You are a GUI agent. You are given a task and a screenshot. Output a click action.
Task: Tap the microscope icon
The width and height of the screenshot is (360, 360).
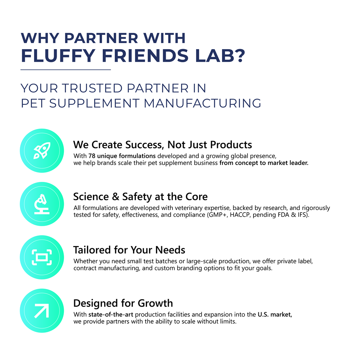[42, 204]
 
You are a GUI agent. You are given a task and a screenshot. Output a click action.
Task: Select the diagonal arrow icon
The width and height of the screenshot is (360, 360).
[42, 310]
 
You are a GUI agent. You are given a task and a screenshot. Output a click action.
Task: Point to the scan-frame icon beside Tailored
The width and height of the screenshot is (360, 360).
[42, 257]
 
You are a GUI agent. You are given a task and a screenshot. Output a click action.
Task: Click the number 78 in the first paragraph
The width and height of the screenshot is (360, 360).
[92, 156]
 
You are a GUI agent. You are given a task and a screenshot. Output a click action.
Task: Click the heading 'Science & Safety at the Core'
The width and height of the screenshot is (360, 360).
[140, 196]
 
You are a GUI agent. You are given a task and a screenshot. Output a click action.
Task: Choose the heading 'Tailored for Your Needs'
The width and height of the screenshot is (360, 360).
[129, 250]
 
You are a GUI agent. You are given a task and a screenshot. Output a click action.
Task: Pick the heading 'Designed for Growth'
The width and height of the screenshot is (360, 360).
[123, 303]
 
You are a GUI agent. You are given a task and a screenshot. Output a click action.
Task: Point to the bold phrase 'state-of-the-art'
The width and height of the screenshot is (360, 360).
[108, 315]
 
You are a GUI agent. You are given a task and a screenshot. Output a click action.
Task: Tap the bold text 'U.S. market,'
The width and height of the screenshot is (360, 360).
[275, 315]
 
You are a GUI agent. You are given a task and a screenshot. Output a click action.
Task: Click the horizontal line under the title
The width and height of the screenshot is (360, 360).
[66, 70]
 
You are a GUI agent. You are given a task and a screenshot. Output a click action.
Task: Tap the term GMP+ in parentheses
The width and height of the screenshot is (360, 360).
[216, 215]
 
